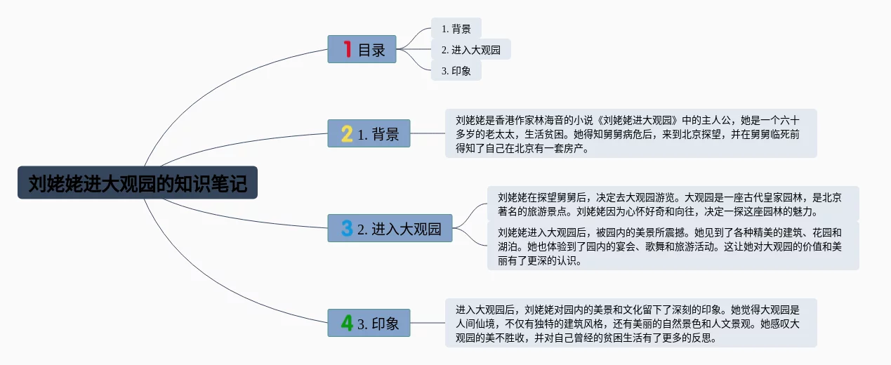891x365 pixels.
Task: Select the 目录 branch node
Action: tap(362, 49)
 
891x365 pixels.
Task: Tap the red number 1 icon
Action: tap(347, 49)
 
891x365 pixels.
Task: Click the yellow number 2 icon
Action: tap(347, 133)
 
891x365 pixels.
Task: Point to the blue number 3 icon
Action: tap(347, 228)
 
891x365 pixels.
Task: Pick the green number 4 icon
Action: tap(347, 323)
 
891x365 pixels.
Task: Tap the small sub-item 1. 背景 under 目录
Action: tap(456, 29)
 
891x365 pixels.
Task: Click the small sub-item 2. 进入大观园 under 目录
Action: tap(470, 50)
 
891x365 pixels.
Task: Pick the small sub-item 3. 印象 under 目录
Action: tap(456, 71)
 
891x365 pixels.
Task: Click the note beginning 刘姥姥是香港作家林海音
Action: tap(631, 133)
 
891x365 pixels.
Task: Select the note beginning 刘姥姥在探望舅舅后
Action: tap(673, 204)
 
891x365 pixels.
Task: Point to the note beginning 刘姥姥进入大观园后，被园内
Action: tap(673, 246)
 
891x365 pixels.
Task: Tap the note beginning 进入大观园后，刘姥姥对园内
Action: tap(631, 323)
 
